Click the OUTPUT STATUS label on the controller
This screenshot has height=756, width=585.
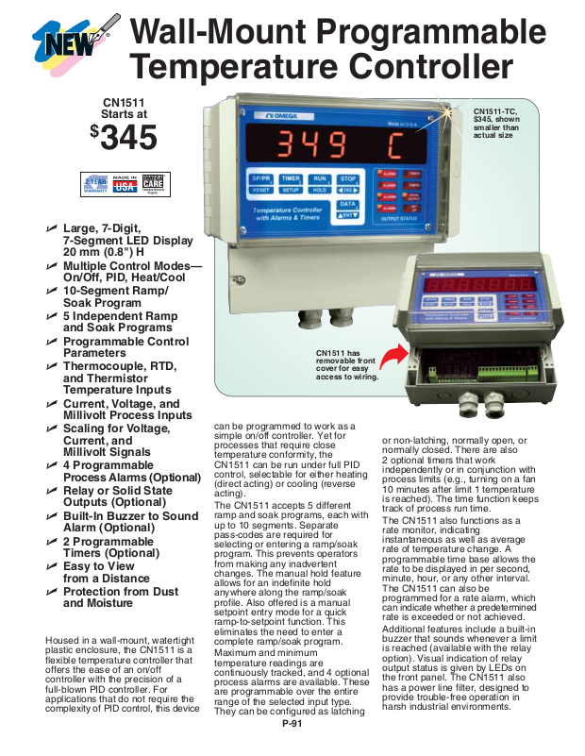click(x=399, y=219)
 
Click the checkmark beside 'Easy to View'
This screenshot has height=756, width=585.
click(x=53, y=566)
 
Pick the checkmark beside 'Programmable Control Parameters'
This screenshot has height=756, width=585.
click(x=53, y=342)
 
